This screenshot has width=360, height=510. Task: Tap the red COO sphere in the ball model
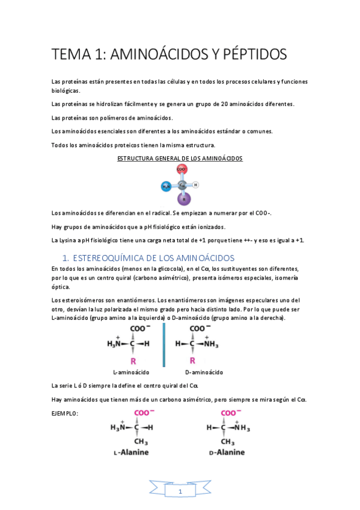182,171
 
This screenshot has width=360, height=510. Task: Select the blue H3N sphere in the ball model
166,186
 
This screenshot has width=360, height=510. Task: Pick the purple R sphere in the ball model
184,198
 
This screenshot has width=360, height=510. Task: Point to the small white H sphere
196,185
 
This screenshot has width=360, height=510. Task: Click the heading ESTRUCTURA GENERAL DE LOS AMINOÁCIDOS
180,158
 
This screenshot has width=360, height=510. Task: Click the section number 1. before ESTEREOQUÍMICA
67,258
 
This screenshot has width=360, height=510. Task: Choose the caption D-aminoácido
204,372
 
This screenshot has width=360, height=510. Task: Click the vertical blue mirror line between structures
163,345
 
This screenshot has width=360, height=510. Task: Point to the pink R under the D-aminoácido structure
192,360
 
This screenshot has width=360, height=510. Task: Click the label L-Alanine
129,452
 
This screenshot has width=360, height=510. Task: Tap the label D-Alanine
224,452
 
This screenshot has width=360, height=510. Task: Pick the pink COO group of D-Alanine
230,413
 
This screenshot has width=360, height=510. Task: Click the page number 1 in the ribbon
180,492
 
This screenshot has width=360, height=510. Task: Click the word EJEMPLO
65,414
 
